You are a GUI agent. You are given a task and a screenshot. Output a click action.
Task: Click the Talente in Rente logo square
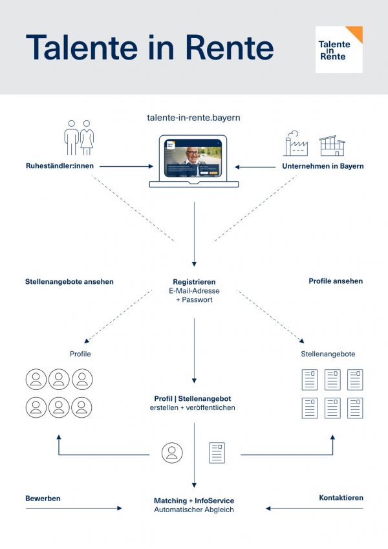tap(339, 50)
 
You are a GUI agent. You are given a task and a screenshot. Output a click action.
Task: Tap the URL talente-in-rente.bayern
tap(194, 118)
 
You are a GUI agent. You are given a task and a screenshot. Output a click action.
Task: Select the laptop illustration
tap(194, 161)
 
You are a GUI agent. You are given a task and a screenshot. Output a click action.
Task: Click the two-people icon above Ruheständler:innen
tap(79, 138)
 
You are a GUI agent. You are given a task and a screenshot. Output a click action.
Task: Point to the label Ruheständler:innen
tap(59, 166)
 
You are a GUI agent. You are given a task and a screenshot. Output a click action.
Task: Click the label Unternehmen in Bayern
tap(323, 166)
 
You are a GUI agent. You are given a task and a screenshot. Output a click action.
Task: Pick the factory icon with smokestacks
tap(296, 144)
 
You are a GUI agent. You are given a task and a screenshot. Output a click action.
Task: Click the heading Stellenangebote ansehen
tap(69, 281)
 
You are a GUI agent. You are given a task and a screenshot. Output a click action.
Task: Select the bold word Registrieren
tap(194, 282)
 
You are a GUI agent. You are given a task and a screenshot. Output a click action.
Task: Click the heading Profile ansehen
tap(336, 281)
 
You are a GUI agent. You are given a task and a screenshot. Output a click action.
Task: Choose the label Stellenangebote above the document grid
tap(328, 354)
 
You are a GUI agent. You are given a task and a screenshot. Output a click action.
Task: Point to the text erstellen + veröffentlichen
tap(194, 407)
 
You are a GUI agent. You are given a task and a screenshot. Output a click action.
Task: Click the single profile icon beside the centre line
tap(172, 453)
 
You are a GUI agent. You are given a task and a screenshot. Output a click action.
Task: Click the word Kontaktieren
tap(341, 498)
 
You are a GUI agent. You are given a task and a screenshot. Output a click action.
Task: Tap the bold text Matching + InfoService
tap(194, 501)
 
